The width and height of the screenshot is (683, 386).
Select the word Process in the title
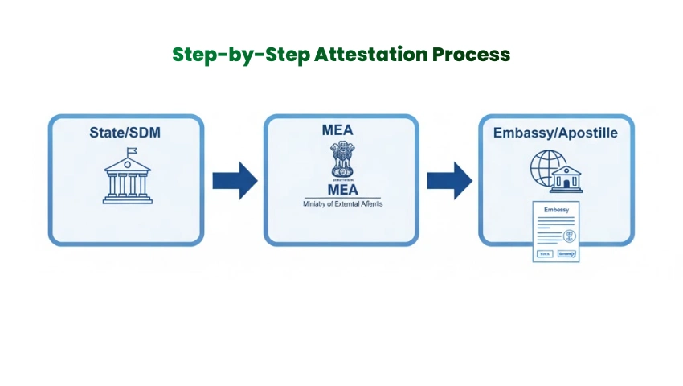coord(470,55)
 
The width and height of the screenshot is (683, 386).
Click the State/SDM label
coord(125,131)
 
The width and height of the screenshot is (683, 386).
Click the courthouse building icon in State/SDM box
coord(126,179)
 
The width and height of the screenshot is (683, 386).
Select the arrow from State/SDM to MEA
coord(234,179)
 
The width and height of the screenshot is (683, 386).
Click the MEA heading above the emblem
coord(341,129)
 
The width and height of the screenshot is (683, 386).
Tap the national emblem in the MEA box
coord(341,162)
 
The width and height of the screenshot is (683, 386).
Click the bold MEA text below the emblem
coord(341,190)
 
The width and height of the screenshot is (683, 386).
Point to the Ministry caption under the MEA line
coord(341,206)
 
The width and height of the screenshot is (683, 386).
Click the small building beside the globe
coord(571,178)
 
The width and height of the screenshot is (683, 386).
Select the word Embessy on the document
coord(556,210)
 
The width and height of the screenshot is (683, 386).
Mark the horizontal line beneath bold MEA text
coord(341,199)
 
